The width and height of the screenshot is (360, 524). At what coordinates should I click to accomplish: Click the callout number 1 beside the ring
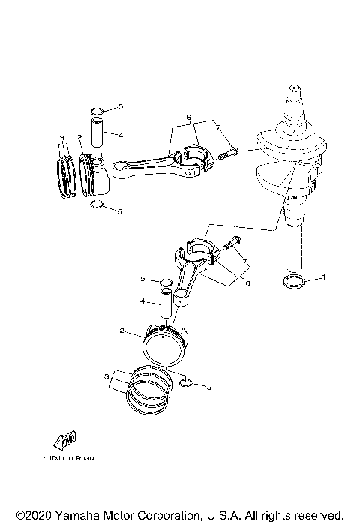(323, 277)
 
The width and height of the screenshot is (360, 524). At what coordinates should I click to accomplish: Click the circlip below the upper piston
(95, 206)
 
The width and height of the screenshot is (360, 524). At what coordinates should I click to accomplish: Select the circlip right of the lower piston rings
(187, 385)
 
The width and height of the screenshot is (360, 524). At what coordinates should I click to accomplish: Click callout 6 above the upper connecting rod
(189, 118)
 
